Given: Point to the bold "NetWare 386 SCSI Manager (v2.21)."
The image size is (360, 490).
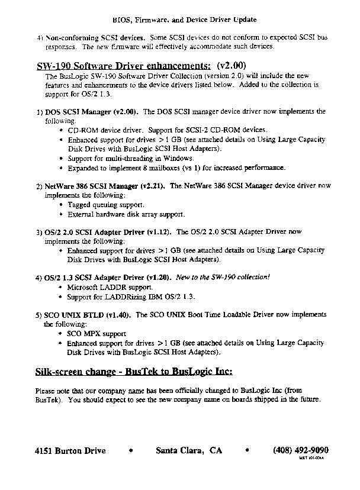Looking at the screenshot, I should [105, 186].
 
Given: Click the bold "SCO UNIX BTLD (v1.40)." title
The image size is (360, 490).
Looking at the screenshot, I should [85, 315].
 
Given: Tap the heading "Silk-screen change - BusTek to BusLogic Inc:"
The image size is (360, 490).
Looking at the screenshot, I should [134, 372].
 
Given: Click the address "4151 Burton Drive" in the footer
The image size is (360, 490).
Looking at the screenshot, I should [70, 450].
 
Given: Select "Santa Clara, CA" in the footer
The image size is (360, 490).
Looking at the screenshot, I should [188, 450].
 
